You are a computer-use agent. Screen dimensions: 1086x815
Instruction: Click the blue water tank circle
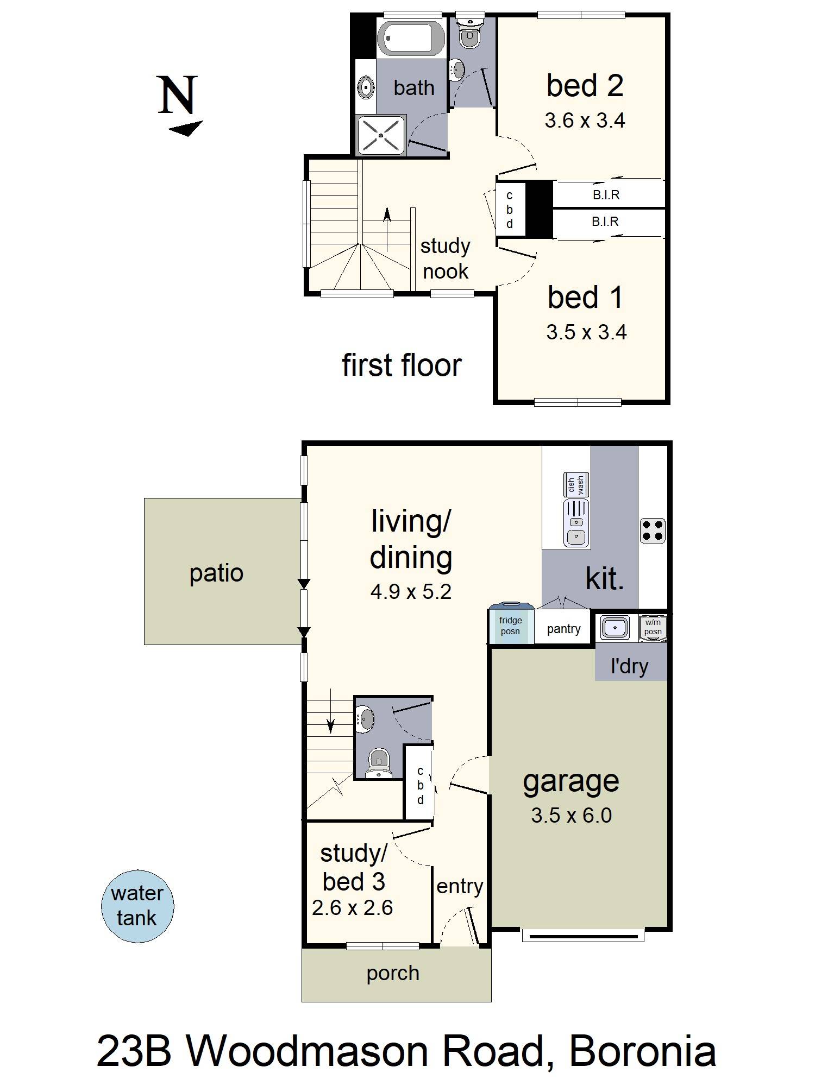click(x=137, y=906)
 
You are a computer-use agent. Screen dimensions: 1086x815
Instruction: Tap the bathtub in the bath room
click(x=411, y=39)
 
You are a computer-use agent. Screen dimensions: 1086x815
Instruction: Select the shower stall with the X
click(x=381, y=135)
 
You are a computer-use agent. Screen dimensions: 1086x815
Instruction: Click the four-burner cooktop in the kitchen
click(x=653, y=531)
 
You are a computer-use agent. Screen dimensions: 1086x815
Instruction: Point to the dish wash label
click(x=576, y=484)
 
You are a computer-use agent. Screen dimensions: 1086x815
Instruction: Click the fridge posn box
click(x=510, y=626)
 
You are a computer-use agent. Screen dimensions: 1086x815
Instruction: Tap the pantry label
click(x=563, y=629)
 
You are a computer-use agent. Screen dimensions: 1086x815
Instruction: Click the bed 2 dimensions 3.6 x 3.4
click(x=585, y=121)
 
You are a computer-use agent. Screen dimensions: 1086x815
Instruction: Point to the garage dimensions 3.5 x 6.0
click(x=571, y=816)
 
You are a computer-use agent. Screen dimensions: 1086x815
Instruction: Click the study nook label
click(x=446, y=258)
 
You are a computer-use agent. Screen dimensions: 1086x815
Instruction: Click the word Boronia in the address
click(x=642, y=1051)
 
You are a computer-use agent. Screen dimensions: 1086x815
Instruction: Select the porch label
click(x=393, y=973)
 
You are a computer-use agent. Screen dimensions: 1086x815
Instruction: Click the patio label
click(x=216, y=573)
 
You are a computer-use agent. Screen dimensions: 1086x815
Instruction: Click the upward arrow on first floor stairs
click(x=387, y=214)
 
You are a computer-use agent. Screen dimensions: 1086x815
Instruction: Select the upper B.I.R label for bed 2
click(x=606, y=195)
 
